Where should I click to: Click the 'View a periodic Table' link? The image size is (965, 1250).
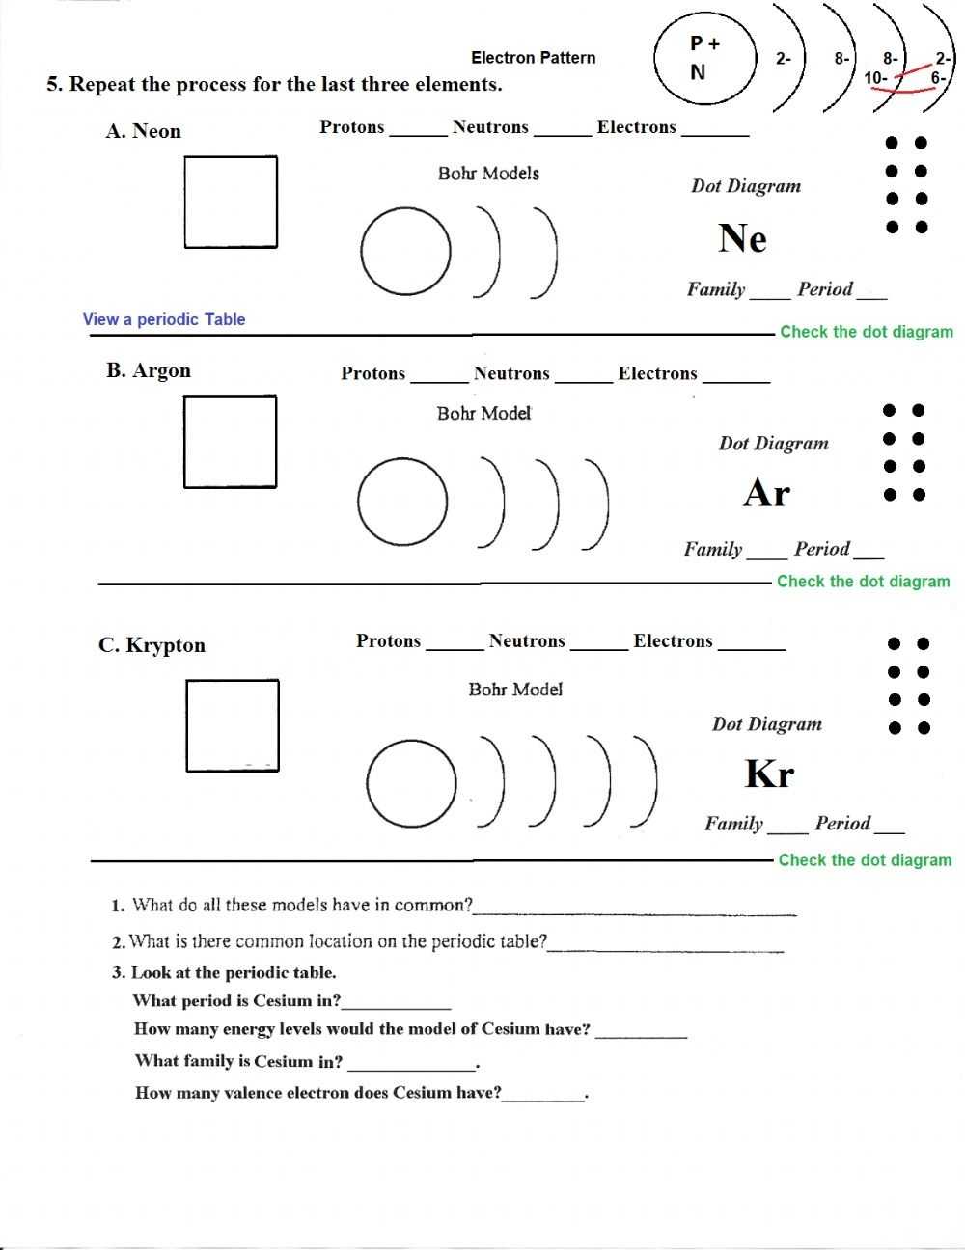(x=164, y=319)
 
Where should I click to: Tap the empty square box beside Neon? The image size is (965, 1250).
(x=231, y=202)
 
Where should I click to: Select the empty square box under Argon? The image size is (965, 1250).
(x=230, y=442)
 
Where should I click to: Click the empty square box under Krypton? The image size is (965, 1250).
(x=233, y=725)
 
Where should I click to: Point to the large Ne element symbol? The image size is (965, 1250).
(x=742, y=238)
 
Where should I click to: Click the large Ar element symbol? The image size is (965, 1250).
(x=767, y=494)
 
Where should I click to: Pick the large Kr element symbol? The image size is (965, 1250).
(x=769, y=774)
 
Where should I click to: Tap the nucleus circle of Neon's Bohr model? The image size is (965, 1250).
(x=405, y=252)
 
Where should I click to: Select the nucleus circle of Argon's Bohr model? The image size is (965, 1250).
(x=402, y=503)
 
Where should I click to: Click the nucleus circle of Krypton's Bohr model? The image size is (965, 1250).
(x=411, y=783)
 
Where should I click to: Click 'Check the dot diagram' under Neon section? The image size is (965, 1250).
(x=866, y=332)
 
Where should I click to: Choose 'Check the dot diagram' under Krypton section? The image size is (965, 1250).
(x=865, y=860)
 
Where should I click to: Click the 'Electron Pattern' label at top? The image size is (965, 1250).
(x=533, y=58)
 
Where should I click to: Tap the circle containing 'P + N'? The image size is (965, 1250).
(x=704, y=59)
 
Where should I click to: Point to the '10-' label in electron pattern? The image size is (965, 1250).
(x=876, y=78)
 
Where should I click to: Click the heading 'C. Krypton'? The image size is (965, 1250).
(x=152, y=645)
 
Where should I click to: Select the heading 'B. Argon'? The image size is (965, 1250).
(x=149, y=370)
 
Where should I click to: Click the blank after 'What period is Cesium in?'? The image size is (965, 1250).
(x=397, y=1002)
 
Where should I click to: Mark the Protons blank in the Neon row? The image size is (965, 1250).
(x=418, y=129)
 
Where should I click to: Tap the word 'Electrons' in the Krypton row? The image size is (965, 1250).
(x=673, y=641)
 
